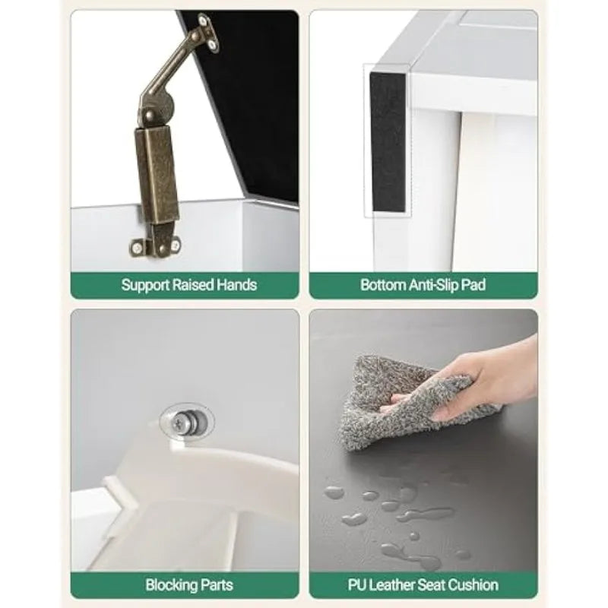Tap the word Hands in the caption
point(236,285)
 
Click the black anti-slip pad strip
point(388,142)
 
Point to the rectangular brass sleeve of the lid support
point(157,175)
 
